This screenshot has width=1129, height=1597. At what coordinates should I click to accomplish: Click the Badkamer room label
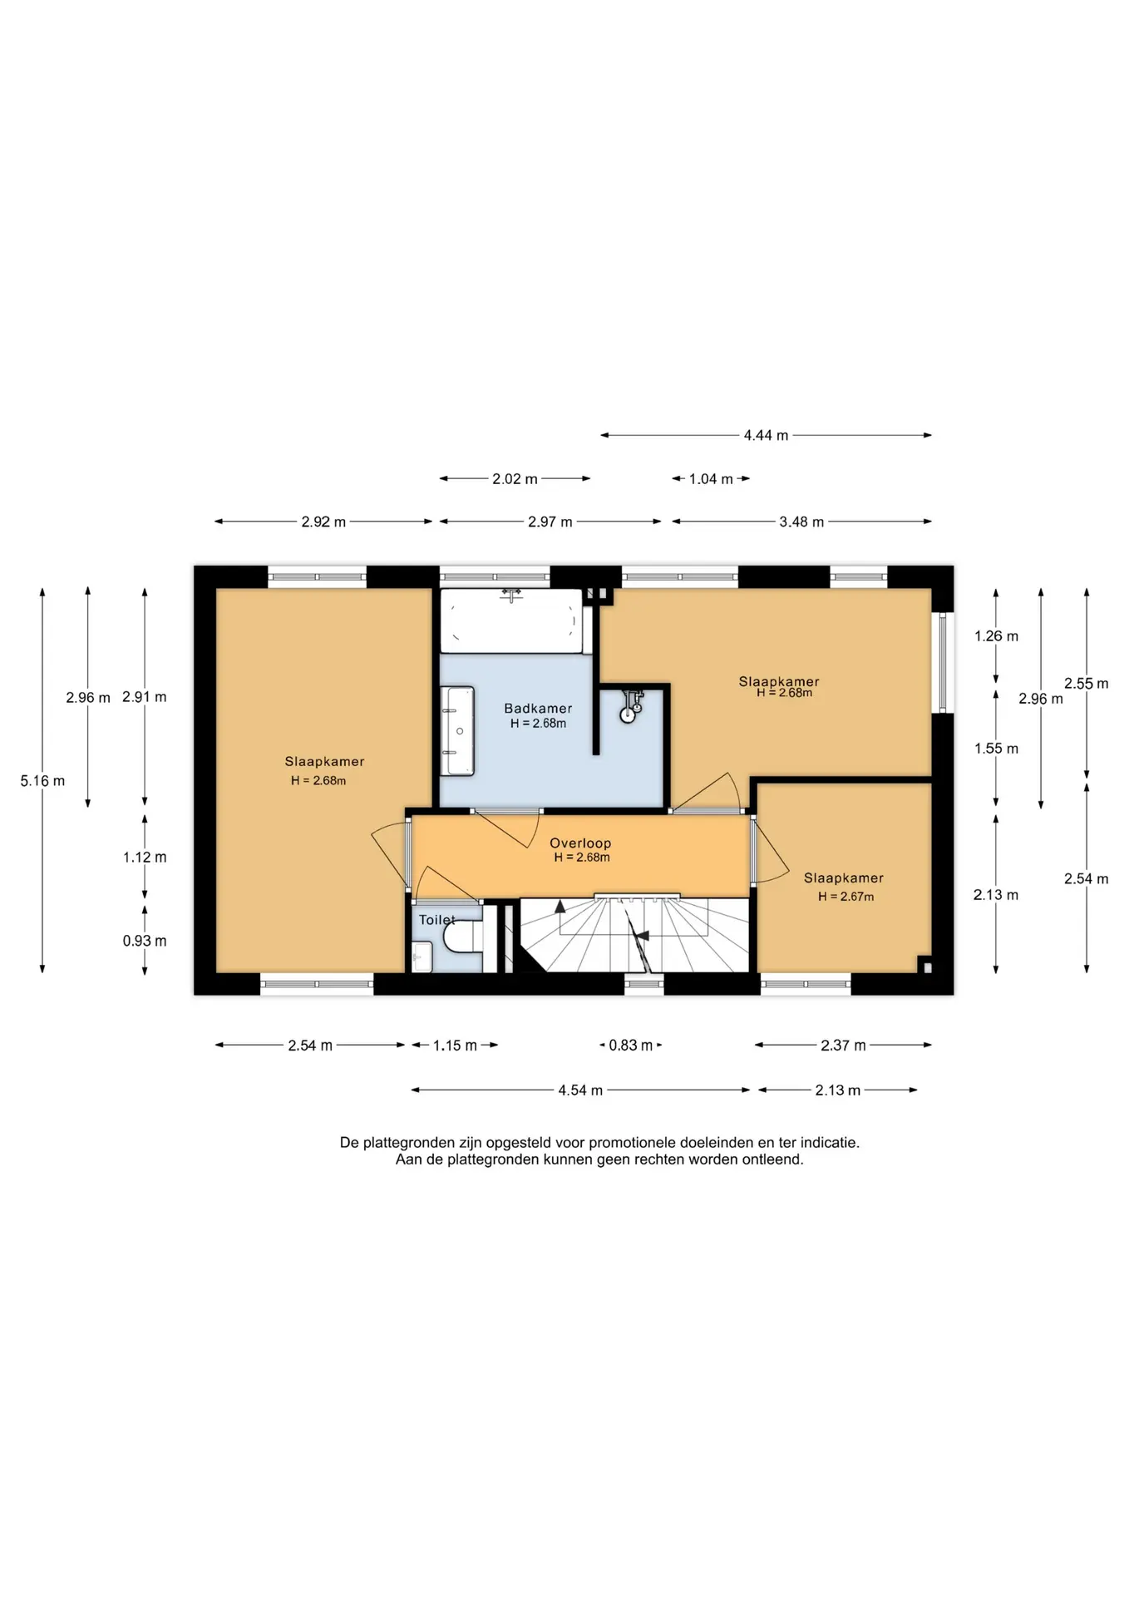(538, 709)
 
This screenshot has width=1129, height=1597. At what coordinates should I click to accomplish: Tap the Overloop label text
(580, 843)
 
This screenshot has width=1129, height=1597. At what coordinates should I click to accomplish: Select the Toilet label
(436, 920)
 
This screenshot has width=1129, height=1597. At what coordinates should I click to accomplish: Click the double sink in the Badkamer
(457, 731)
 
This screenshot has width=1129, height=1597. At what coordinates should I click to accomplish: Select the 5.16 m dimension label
(42, 781)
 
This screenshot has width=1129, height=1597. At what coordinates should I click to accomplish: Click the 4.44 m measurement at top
(766, 435)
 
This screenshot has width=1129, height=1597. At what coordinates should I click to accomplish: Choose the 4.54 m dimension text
(580, 1090)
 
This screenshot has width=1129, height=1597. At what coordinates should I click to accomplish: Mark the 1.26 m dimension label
(996, 636)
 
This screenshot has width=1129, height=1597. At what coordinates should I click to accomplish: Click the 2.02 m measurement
(515, 479)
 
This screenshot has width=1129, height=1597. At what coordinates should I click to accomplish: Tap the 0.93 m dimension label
(145, 941)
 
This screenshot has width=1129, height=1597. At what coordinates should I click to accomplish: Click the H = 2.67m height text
(846, 897)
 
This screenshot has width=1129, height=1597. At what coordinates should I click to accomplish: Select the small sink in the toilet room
(422, 957)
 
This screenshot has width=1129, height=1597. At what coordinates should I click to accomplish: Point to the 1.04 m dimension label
(711, 479)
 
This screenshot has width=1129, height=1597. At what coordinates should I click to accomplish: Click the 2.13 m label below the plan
(837, 1090)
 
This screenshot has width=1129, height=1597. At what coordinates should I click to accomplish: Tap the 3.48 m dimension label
(801, 522)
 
